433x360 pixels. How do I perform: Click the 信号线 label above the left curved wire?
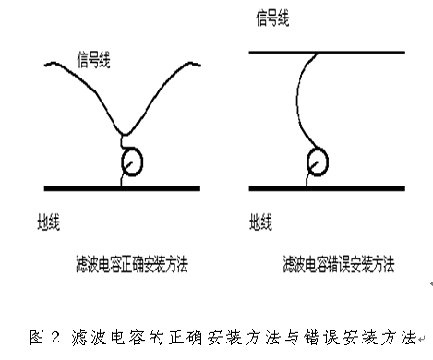93,60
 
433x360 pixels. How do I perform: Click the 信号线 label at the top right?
272,18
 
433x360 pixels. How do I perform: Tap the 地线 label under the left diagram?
49,222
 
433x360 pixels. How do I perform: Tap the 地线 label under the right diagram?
260,222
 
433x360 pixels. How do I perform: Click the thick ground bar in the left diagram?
122,188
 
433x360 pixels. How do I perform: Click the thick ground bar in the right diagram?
327,188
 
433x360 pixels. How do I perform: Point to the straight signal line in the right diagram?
327,53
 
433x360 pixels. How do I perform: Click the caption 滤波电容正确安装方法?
132,264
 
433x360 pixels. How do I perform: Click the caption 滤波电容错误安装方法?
339,264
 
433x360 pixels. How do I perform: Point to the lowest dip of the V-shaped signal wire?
125,135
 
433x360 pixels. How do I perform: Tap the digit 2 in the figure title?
55,337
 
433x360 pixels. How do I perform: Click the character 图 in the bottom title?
37,337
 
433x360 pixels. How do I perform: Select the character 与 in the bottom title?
292,337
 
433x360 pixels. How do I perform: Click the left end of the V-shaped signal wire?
45,65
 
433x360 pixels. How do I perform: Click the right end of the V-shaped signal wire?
200,65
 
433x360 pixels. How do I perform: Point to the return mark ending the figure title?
422,339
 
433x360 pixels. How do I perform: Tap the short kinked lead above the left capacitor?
122,142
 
